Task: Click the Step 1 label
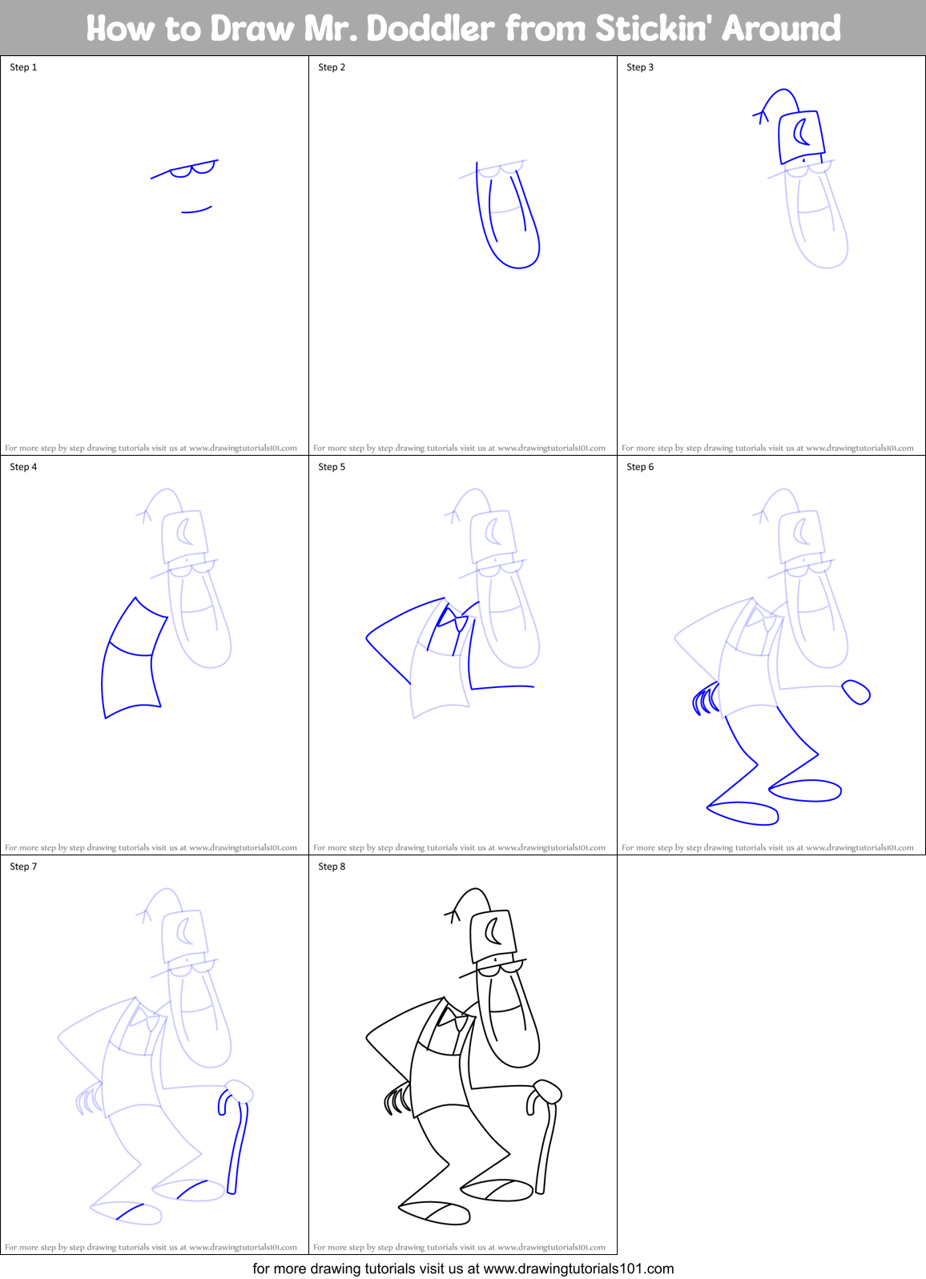(23, 67)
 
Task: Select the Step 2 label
(332, 67)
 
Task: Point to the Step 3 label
(640, 67)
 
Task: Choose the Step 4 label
(23, 467)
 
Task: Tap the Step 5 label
(332, 467)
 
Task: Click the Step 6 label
(640, 467)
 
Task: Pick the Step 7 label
(23, 867)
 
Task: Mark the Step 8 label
(332, 867)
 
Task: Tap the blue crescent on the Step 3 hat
(800, 132)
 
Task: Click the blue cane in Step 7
(236, 1145)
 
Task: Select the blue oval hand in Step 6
(856, 691)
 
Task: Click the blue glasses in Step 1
(192, 169)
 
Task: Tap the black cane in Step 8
(546, 1145)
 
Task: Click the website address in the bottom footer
(578, 1269)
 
